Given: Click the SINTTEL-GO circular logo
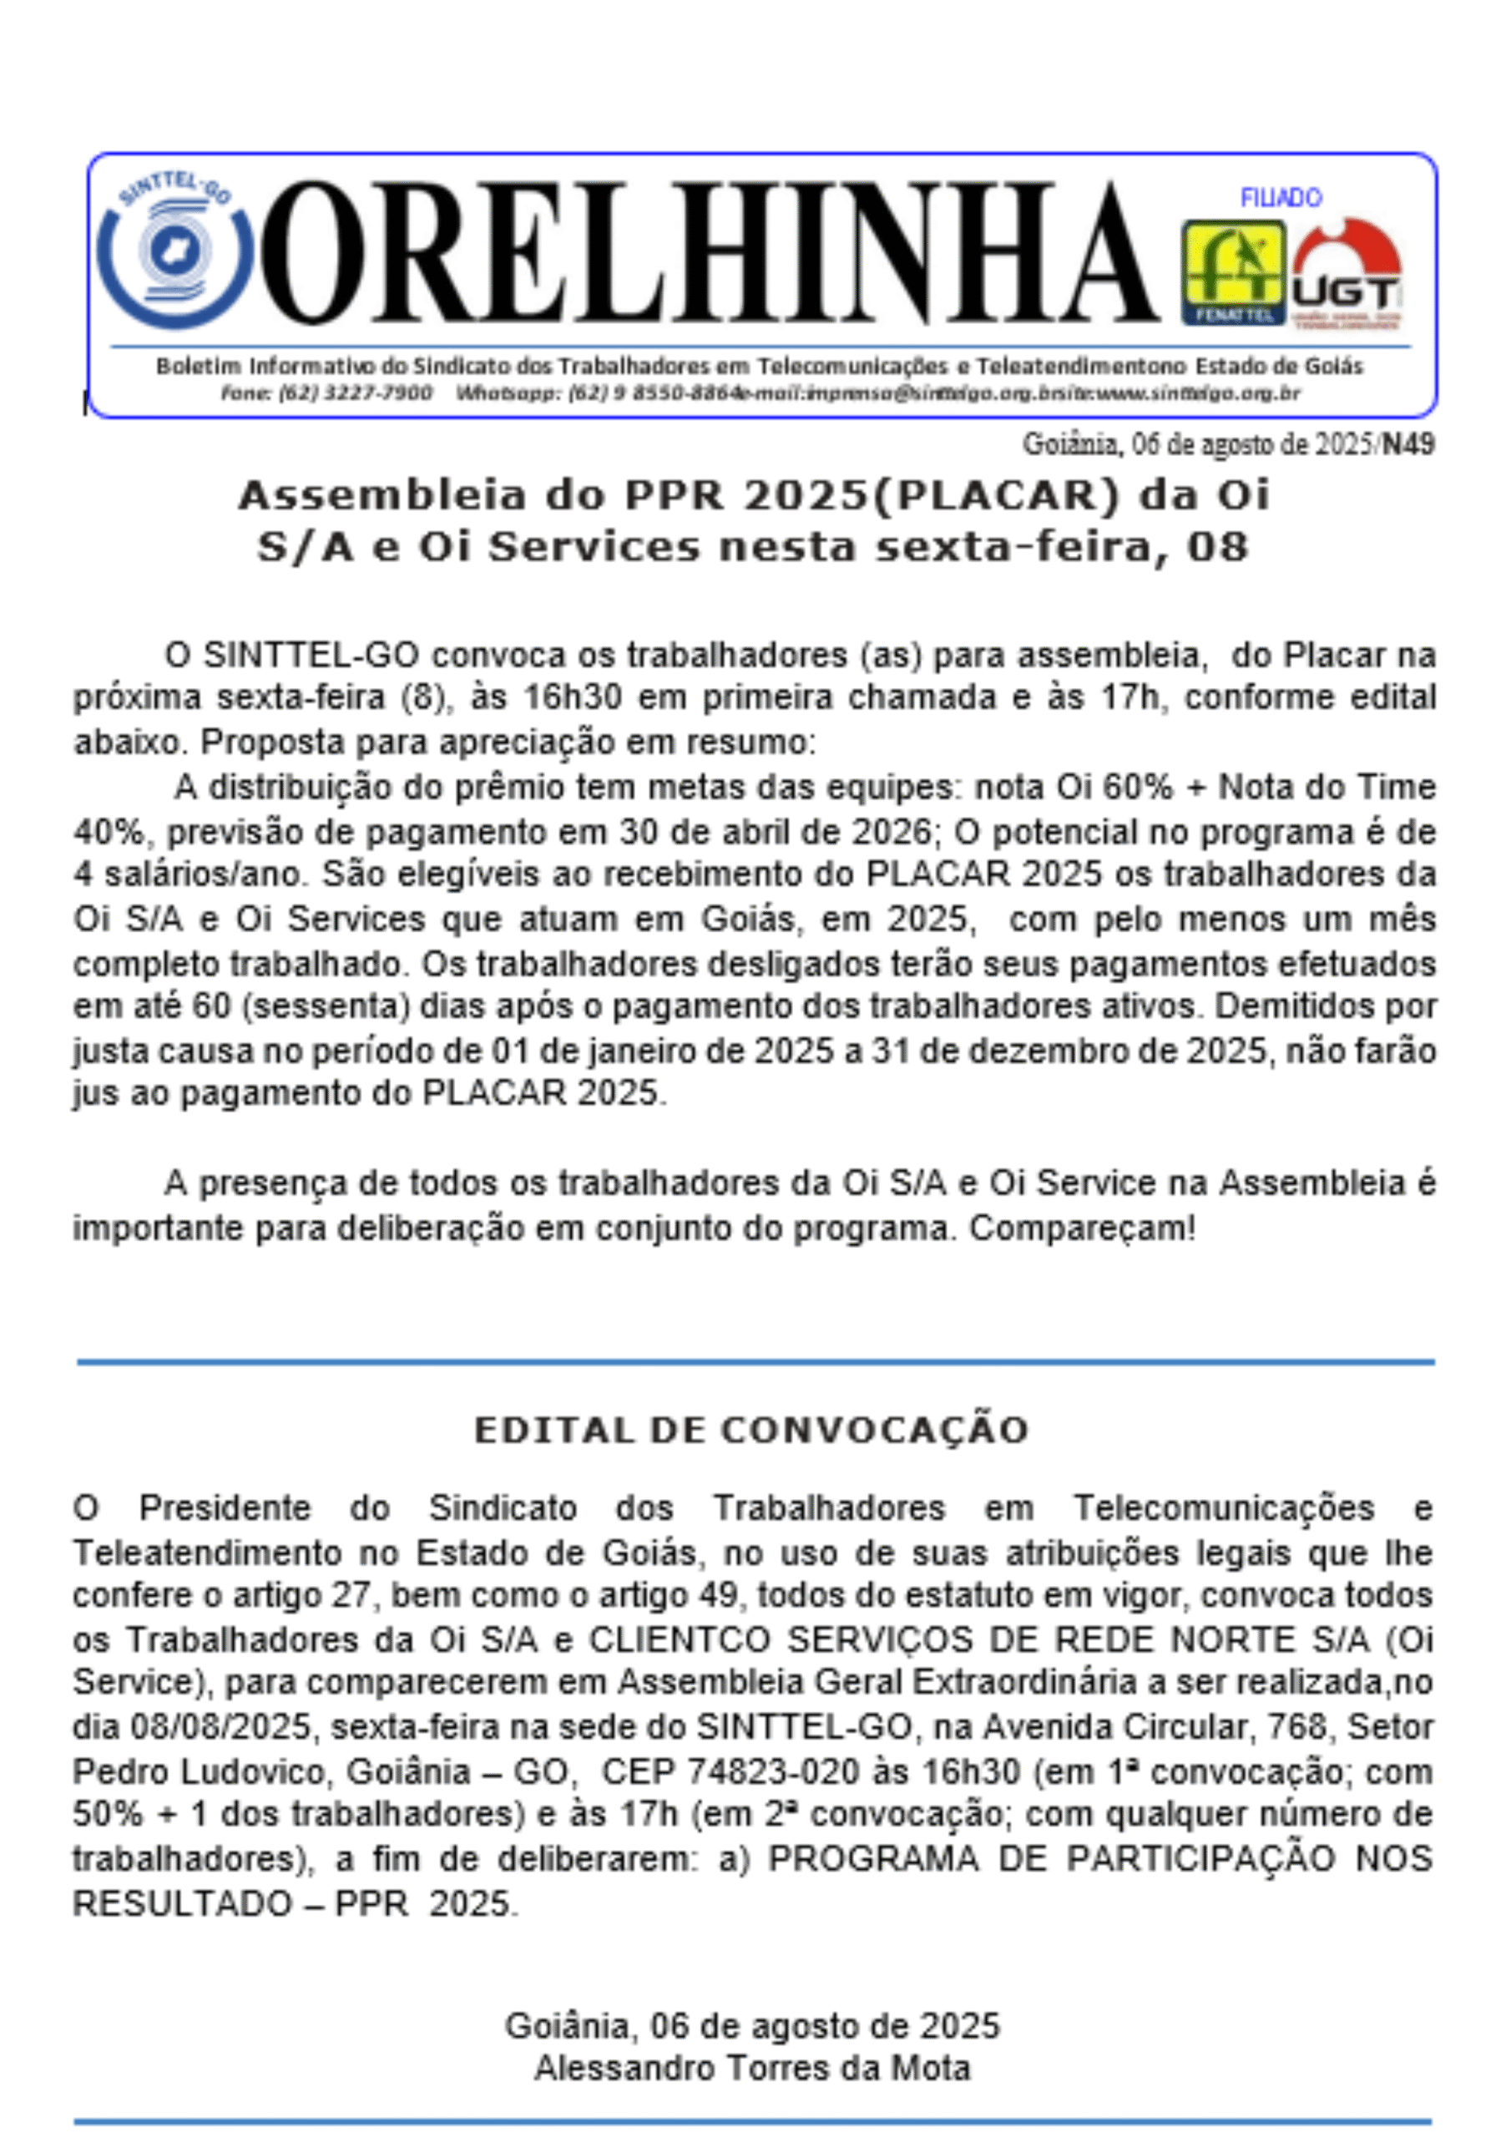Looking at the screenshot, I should pos(174,251).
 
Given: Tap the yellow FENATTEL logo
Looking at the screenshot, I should pos(1232,273).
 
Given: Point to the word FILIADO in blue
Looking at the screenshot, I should pos(1281,197).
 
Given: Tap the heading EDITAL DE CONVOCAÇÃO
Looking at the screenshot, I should pos(751,1429).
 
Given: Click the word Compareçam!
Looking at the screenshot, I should pos(1082,1229).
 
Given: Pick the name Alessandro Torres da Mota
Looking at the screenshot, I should pos(752,2067).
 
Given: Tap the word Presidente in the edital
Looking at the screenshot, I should pos(225,1507).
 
